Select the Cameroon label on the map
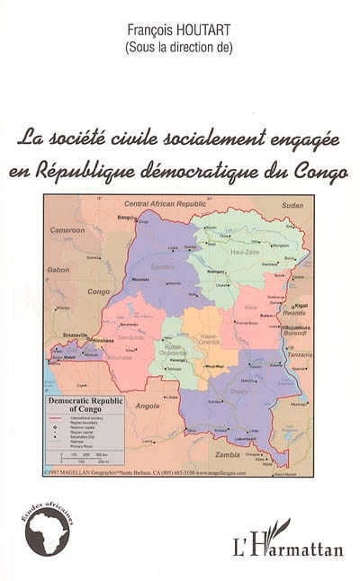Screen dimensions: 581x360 [x=67, y=230]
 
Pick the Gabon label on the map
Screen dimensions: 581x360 [x=58, y=269]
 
